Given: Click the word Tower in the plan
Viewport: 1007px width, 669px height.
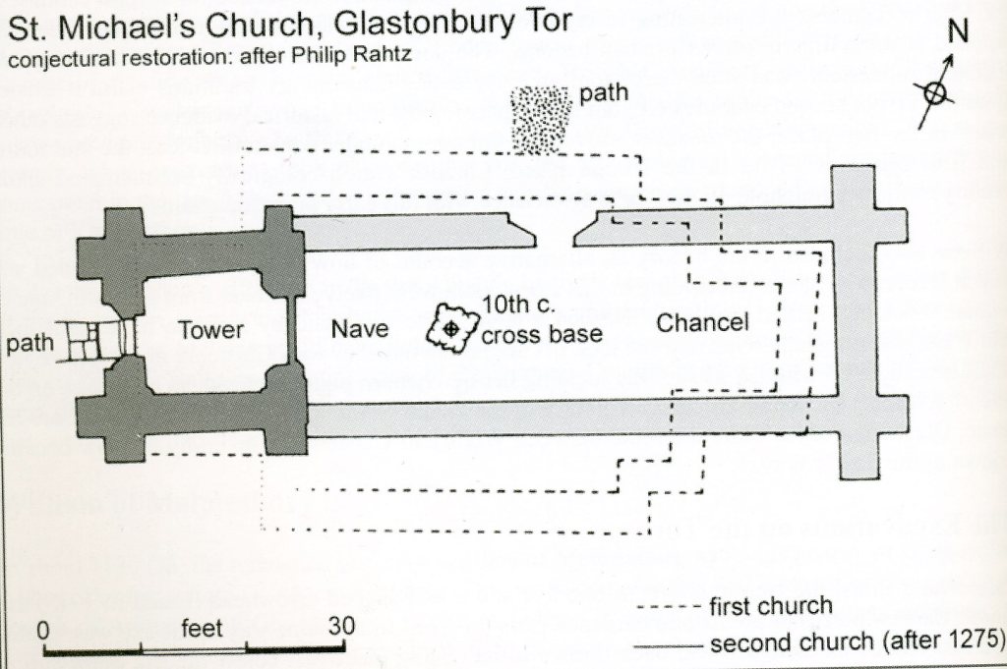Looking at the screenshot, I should pos(210,331).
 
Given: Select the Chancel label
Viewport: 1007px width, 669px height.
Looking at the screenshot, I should pos(701,322).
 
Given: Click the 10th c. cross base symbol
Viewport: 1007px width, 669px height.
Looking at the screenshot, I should pos(449,328).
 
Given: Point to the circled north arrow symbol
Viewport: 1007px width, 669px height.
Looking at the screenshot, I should pos(934,92).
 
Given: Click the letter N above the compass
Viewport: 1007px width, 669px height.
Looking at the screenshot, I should pos(957,30).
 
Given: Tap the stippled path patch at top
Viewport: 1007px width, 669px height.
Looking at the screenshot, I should pos(542,118).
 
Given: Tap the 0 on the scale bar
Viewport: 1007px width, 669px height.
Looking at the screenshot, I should pos(43,628).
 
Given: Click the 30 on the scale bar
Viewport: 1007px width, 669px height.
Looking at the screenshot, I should pos(341,627).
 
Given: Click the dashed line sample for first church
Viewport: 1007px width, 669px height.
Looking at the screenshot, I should pos(667,606).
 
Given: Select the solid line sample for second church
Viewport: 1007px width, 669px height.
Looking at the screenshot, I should pos(667,644).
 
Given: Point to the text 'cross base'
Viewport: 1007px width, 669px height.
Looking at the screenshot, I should pos(542,334).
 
